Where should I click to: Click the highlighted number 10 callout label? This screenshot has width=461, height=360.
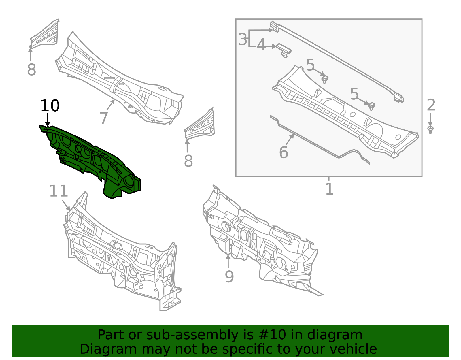[50, 106]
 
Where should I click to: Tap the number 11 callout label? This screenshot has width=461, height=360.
[58, 191]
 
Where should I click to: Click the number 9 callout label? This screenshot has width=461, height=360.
[229, 277]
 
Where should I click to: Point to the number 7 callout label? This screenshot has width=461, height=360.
[103, 118]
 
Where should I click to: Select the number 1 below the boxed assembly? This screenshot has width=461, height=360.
[329, 189]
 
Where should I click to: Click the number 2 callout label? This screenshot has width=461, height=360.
[431, 105]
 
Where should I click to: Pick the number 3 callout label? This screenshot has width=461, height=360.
[243, 39]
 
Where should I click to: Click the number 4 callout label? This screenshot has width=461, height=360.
[261, 45]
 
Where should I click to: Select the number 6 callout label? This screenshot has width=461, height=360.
[284, 152]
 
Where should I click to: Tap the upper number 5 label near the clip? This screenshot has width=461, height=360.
[310, 65]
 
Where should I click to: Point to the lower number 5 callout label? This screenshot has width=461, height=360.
[354, 94]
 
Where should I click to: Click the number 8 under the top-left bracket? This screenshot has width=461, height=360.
[31, 70]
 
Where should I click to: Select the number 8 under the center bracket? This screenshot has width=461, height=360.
[188, 161]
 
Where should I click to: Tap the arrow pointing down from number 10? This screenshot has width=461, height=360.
[48, 119]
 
